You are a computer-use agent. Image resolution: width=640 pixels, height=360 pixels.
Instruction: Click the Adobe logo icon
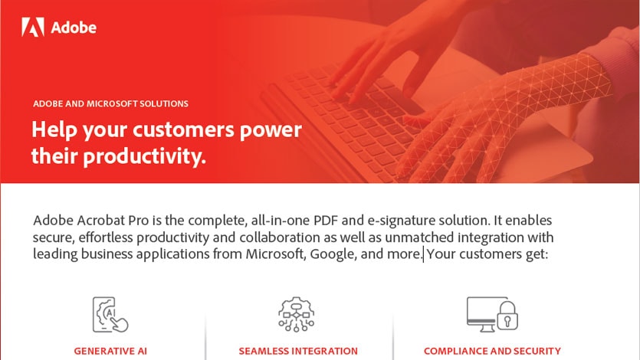coord(33,27)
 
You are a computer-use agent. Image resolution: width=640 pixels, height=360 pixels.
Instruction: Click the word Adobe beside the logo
coord(74,28)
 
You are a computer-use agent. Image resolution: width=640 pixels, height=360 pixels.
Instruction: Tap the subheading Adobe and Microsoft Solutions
coord(110,103)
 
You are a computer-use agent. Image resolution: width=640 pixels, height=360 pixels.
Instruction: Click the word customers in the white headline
coord(183,129)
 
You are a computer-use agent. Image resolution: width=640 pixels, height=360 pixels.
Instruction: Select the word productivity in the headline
coord(145,156)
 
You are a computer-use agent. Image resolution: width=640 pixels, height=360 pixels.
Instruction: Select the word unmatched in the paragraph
coord(419,237)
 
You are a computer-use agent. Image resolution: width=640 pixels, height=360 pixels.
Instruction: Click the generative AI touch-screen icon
coord(110,314)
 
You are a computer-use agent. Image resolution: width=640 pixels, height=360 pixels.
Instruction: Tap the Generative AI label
coord(110,351)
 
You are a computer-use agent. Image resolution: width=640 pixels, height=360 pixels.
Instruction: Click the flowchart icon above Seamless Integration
coord(297,314)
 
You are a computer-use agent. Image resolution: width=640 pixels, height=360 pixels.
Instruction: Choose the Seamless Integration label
coord(298,351)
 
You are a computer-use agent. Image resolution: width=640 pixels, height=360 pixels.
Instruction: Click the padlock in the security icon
coord(507,316)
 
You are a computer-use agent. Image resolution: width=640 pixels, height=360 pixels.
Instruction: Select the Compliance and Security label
coord(492,351)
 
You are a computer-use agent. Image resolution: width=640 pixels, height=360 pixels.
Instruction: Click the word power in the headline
coord(271,130)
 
